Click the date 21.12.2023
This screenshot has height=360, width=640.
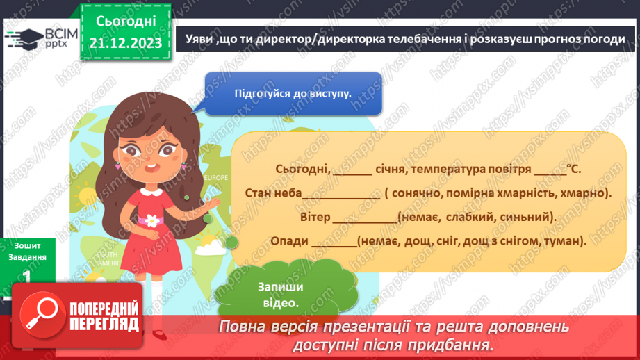pos(126,42)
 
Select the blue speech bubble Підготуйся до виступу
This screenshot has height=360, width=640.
pos(293,92)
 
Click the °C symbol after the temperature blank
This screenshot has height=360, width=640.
pos(573,169)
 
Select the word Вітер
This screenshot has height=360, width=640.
pos(315,216)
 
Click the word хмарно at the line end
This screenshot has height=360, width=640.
pos(585,193)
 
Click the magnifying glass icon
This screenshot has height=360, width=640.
pos(40,316)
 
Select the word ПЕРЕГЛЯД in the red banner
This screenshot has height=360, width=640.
pos(104,323)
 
